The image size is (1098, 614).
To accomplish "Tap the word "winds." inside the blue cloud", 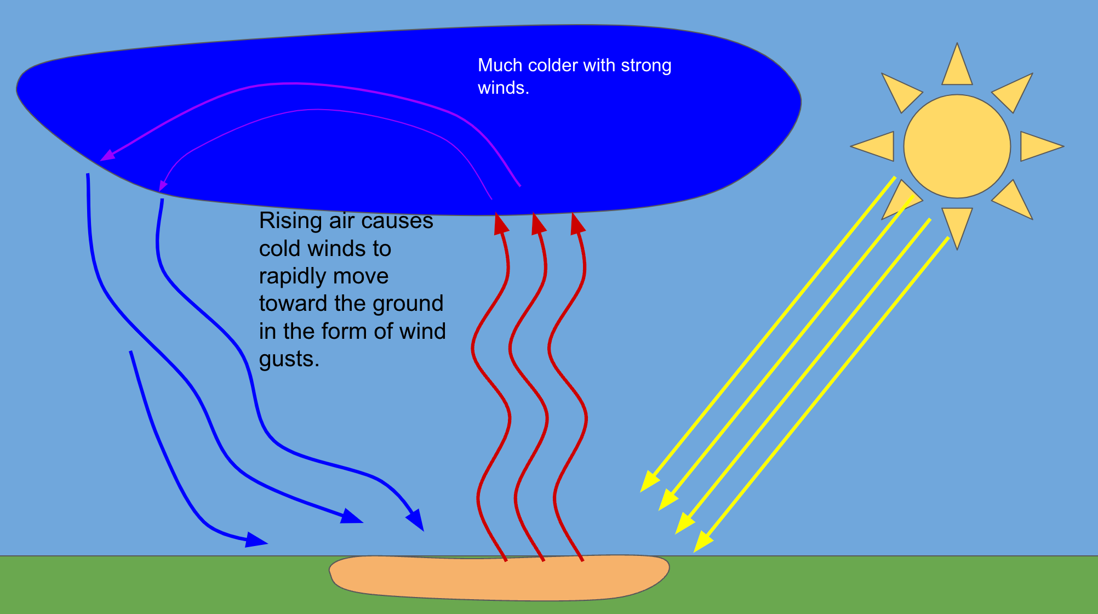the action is coord(503,88).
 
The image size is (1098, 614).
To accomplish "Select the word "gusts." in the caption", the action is coord(289,359).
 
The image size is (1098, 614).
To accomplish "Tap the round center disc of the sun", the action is coord(957,146).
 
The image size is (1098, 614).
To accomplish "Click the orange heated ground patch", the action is coord(499,578).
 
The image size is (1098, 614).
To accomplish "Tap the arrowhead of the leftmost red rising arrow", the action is coord(501,224).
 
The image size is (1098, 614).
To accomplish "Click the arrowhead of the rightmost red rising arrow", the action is coord(577,224).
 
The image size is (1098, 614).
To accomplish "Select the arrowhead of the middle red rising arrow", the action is coord(538,224).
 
